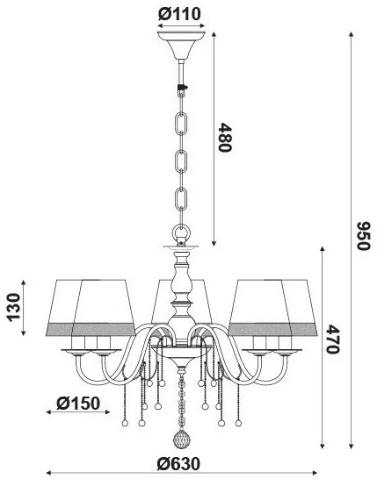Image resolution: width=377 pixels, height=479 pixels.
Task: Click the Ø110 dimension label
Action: coord(179,14)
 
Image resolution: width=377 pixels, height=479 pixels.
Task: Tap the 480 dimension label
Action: coord(225,137)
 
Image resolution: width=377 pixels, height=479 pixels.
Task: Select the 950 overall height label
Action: coord(364,236)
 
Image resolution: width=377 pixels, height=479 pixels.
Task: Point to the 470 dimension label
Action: coord(333,340)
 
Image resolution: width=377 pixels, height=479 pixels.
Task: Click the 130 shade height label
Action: coord(14,307)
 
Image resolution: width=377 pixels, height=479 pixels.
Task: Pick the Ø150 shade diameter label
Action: coord(78,404)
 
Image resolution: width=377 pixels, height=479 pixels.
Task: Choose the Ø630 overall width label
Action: coord(178,464)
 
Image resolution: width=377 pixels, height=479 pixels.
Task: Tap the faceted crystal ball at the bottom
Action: coord(182,440)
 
